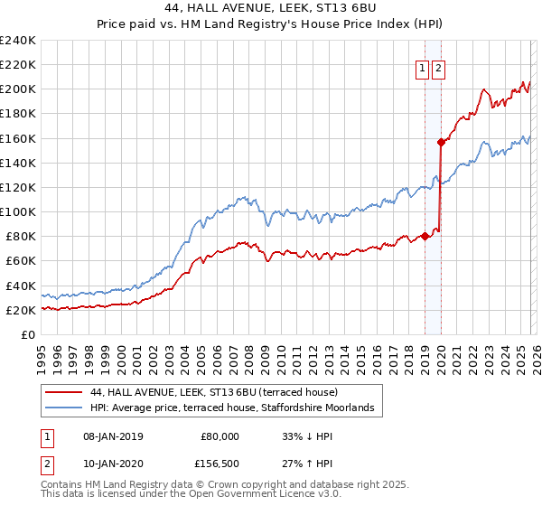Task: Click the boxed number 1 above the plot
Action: point(422,68)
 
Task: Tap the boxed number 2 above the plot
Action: point(438,68)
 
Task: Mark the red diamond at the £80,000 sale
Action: point(425,237)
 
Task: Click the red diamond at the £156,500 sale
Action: point(441,142)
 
